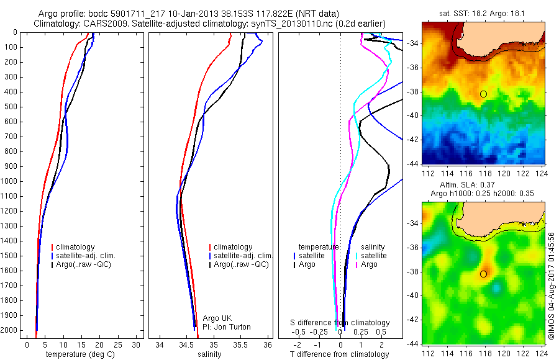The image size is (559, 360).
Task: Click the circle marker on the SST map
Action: pos(483,94)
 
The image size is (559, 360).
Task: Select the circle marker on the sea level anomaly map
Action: pos(483,274)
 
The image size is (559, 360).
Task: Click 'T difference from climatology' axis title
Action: pos(339,354)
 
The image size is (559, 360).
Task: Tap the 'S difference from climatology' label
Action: pos(340,323)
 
